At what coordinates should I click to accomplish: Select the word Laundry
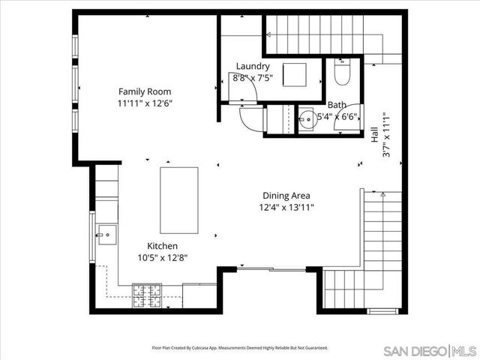(252, 66)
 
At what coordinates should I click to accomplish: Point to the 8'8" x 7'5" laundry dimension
(253, 77)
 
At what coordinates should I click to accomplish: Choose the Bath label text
(337, 105)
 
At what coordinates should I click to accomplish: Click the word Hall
(373, 135)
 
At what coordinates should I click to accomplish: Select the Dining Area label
(286, 195)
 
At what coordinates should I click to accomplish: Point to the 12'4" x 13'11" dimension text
(286, 207)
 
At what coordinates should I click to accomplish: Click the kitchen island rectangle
(179, 200)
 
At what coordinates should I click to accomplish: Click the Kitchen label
(161, 245)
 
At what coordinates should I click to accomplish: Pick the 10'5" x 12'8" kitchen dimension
(161, 257)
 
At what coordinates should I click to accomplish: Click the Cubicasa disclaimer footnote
(240, 348)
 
